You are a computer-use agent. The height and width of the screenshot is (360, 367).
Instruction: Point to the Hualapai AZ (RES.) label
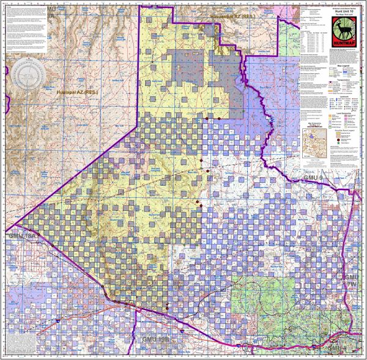76,92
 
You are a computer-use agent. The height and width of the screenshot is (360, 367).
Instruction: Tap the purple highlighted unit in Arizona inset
314,142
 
